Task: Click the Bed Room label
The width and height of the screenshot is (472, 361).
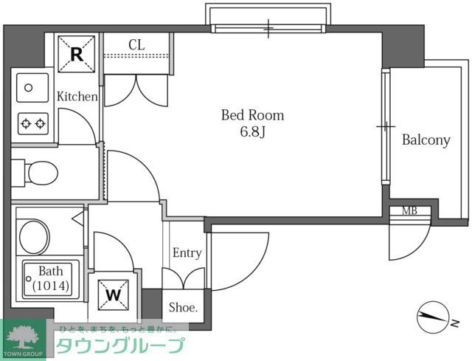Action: [x=252, y=115]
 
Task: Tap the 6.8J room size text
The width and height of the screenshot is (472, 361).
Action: [x=252, y=134]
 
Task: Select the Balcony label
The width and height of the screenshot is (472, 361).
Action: [x=426, y=140]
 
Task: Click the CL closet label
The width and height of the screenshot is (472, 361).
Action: [x=136, y=44]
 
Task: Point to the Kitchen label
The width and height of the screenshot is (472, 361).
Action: [x=77, y=97]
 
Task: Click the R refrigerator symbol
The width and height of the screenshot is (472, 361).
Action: [x=76, y=53]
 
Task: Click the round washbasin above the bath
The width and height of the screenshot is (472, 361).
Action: [x=33, y=236]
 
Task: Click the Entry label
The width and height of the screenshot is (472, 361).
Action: [x=187, y=253]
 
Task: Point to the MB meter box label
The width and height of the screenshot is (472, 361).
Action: [x=409, y=210]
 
